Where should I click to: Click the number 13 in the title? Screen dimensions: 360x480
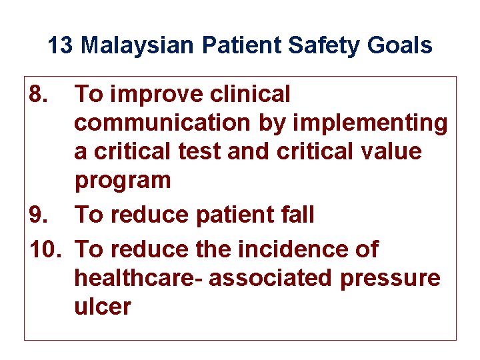pyautogui.click(x=61, y=46)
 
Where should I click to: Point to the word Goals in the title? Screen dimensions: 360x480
pyautogui.click(x=399, y=46)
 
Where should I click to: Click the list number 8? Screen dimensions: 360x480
pyautogui.click(x=39, y=95)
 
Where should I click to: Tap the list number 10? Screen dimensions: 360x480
pyautogui.click(x=45, y=249)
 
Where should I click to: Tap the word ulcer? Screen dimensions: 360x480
pyautogui.click(x=103, y=307)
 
